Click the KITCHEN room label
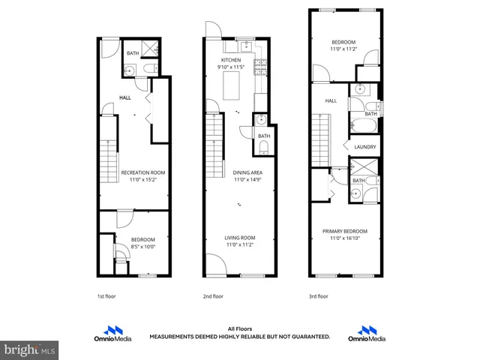click(x=230, y=59)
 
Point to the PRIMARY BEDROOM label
click(x=345, y=231)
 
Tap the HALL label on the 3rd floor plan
click(x=331, y=100)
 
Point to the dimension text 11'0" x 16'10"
click(x=345, y=238)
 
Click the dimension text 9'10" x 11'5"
click(x=230, y=67)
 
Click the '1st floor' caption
click(x=107, y=296)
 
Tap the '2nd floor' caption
click(x=214, y=296)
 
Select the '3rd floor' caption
click(x=319, y=296)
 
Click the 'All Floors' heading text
click(x=239, y=328)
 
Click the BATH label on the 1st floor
click(x=132, y=53)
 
